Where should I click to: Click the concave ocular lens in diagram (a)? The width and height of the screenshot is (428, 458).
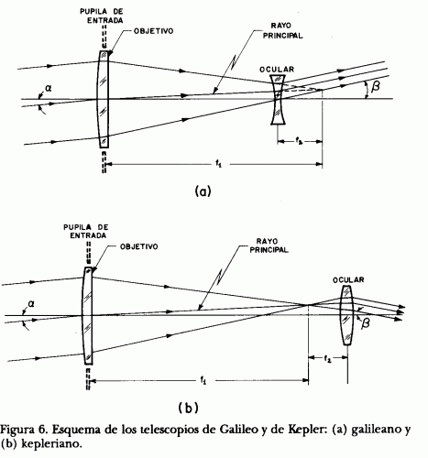click(278, 100)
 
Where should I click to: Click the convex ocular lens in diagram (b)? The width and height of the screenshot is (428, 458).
click(346, 315)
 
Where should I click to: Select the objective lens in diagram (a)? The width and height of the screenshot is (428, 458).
click(104, 99)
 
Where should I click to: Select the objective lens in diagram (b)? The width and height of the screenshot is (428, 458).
click(88, 316)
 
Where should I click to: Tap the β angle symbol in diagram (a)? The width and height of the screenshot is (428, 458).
click(376, 86)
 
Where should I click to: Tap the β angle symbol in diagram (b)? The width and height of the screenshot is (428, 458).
click(365, 323)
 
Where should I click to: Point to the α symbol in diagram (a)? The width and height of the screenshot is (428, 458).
click(49, 89)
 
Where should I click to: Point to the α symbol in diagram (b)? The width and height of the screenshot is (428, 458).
click(31, 304)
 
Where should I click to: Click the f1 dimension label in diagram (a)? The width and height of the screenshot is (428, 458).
click(218, 165)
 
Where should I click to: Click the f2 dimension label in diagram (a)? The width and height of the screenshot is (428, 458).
click(299, 141)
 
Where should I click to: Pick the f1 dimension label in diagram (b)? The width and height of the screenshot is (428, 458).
click(203, 380)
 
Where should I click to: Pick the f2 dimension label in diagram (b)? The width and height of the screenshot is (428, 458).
click(327, 358)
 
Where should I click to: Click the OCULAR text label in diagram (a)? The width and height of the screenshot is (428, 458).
click(277, 70)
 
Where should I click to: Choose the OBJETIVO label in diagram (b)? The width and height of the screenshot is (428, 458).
click(139, 246)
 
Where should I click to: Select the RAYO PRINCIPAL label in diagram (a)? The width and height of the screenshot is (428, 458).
click(282, 31)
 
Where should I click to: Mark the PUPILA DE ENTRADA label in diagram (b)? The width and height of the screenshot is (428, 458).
click(86, 232)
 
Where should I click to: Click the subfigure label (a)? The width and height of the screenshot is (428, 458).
click(203, 191)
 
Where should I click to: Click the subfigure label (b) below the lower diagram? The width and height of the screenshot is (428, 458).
click(188, 408)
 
